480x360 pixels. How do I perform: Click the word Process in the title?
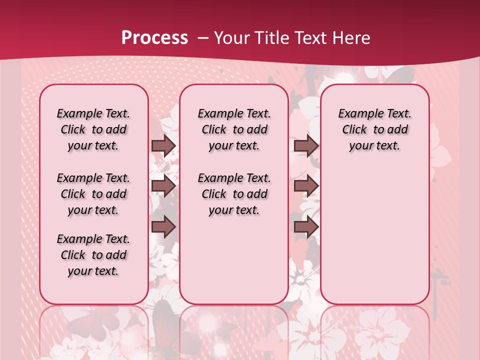pyautogui.click(x=154, y=38)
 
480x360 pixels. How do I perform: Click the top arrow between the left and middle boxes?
pyautogui.click(x=163, y=145)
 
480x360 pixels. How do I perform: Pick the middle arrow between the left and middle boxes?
pyautogui.click(x=163, y=186)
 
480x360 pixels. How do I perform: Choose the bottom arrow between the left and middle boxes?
pyautogui.click(x=163, y=227)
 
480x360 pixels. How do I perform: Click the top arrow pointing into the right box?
pyautogui.click(x=306, y=145)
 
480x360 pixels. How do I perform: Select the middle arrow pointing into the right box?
pyautogui.click(x=306, y=186)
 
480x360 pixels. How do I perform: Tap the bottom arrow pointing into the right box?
pyautogui.click(x=306, y=227)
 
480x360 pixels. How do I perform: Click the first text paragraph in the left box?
pyautogui.click(x=93, y=129)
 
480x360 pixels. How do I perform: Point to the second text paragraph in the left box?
pyautogui.click(x=93, y=194)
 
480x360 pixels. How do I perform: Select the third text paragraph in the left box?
pyautogui.click(x=93, y=255)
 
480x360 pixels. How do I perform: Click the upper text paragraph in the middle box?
pyautogui.click(x=234, y=129)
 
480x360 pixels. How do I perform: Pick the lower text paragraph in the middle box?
pyautogui.click(x=234, y=194)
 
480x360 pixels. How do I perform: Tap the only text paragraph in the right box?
pyautogui.click(x=375, y=129)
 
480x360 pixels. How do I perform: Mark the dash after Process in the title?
pyautogui.click(x=202, y=38)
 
